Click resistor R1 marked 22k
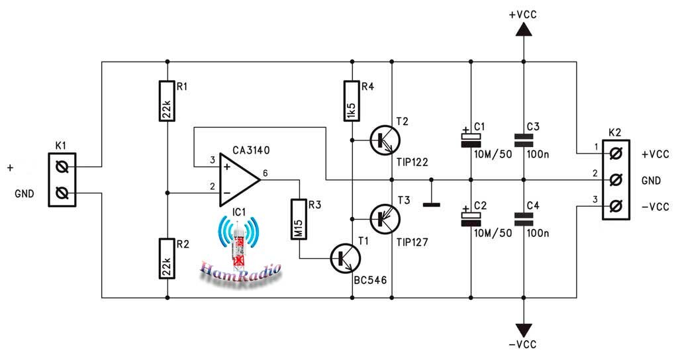(168, 101)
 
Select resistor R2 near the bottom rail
(168, 259)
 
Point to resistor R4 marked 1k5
(352, 101)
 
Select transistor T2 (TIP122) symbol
(385, 140)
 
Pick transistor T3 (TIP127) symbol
(385, 218)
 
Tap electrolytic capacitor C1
(471, 138)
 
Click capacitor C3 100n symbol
(524, 140)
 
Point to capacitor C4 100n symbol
(524, 218)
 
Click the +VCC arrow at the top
(524, 29)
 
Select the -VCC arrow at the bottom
(524, 330)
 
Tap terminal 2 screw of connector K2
(616, 179)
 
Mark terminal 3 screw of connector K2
(616, 206)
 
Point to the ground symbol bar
(431, 204)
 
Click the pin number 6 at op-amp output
(265, 173)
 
